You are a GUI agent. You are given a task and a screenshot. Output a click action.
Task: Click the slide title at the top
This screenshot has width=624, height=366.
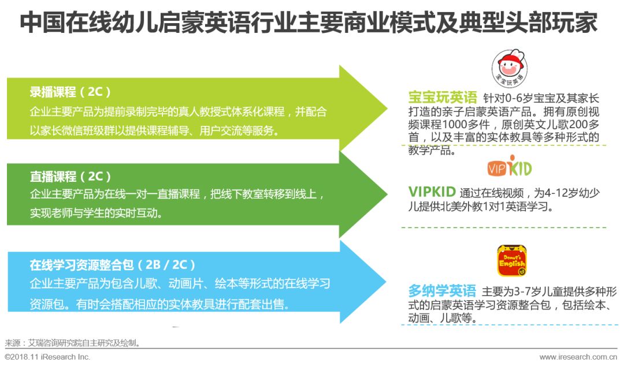point(309,24)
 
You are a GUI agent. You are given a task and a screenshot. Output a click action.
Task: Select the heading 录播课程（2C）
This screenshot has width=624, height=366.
point(70,92)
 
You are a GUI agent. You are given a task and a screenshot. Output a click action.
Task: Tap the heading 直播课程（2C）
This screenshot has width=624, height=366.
point(70,176)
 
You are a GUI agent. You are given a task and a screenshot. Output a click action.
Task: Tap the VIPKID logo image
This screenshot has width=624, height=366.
point(509,168)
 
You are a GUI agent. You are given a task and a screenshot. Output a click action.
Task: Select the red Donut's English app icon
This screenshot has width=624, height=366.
point(512,261)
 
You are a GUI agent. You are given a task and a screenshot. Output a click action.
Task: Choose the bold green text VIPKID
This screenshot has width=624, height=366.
point(432,192)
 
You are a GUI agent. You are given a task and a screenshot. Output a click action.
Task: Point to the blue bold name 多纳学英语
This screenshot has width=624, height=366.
point(442,290)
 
